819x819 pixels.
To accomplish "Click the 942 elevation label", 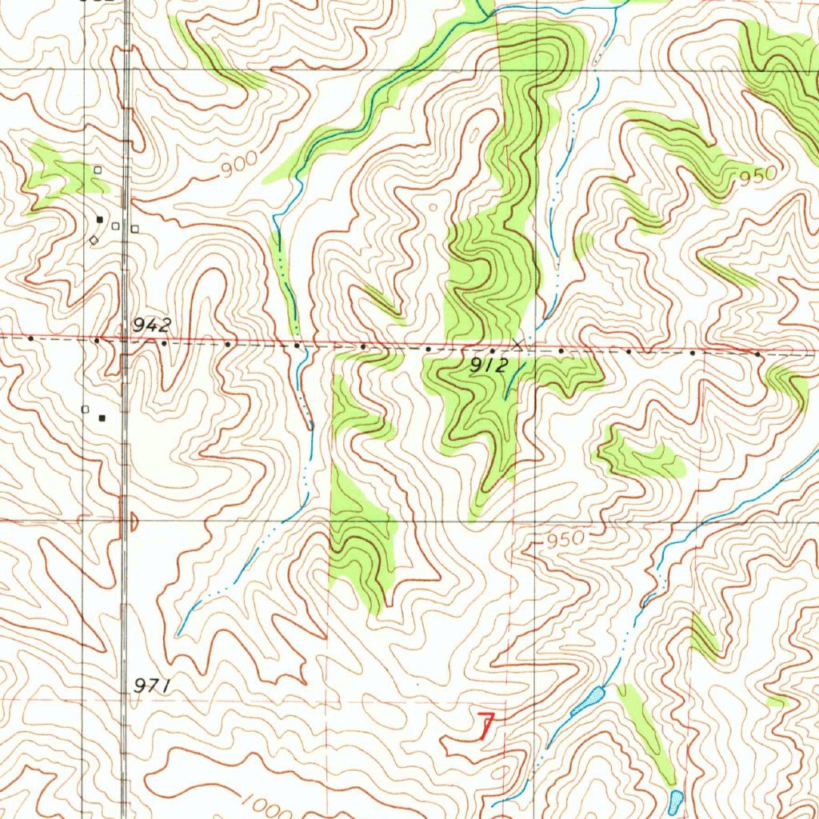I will (152, 325).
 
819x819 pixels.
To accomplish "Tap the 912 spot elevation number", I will (489, 366).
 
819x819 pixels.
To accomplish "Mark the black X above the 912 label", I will (519, 344).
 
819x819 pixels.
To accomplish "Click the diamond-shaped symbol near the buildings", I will (94, 239).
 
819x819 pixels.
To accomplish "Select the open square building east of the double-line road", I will (134, 229).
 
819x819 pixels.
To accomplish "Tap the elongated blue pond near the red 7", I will (589, 701).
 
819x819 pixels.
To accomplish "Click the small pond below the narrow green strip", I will (676, 798).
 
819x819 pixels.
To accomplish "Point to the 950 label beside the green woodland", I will (757, 175).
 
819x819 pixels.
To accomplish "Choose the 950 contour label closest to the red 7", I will (566, 541).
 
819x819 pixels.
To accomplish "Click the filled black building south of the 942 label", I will (102, 417).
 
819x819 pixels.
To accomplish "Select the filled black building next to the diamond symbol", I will (100, 218).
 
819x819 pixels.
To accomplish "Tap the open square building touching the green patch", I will (98, 170).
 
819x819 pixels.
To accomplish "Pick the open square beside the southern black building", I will (86, 409).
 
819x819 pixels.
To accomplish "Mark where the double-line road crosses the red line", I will (125, 338).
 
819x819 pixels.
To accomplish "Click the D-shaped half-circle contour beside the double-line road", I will (133, 522).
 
